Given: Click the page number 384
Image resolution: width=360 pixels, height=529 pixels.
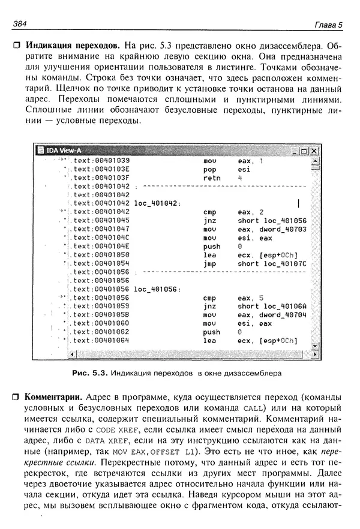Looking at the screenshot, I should (x=20, y=24).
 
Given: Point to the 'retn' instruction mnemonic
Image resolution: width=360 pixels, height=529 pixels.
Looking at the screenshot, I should (x=212, y=178).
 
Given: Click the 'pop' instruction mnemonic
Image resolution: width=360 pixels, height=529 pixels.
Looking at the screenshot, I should (x=209, y=170).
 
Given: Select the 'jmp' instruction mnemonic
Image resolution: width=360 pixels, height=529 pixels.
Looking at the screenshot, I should (x=209, y=263).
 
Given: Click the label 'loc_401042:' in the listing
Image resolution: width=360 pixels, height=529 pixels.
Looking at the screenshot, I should (x=158, y=203).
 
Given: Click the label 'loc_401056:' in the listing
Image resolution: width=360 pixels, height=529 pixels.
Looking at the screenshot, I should (x=158, y=289).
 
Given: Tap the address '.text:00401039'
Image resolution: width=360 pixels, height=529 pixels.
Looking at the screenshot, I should (x=100, y=161).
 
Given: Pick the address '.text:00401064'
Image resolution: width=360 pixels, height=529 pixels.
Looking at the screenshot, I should (x=100, y=341).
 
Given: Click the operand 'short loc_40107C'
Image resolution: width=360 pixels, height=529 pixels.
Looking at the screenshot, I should (x=272, y=263).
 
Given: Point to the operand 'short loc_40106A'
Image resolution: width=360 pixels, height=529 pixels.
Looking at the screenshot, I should (x=272, y=306).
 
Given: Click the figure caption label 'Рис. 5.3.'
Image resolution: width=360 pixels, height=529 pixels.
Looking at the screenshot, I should (x=89, y=372).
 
